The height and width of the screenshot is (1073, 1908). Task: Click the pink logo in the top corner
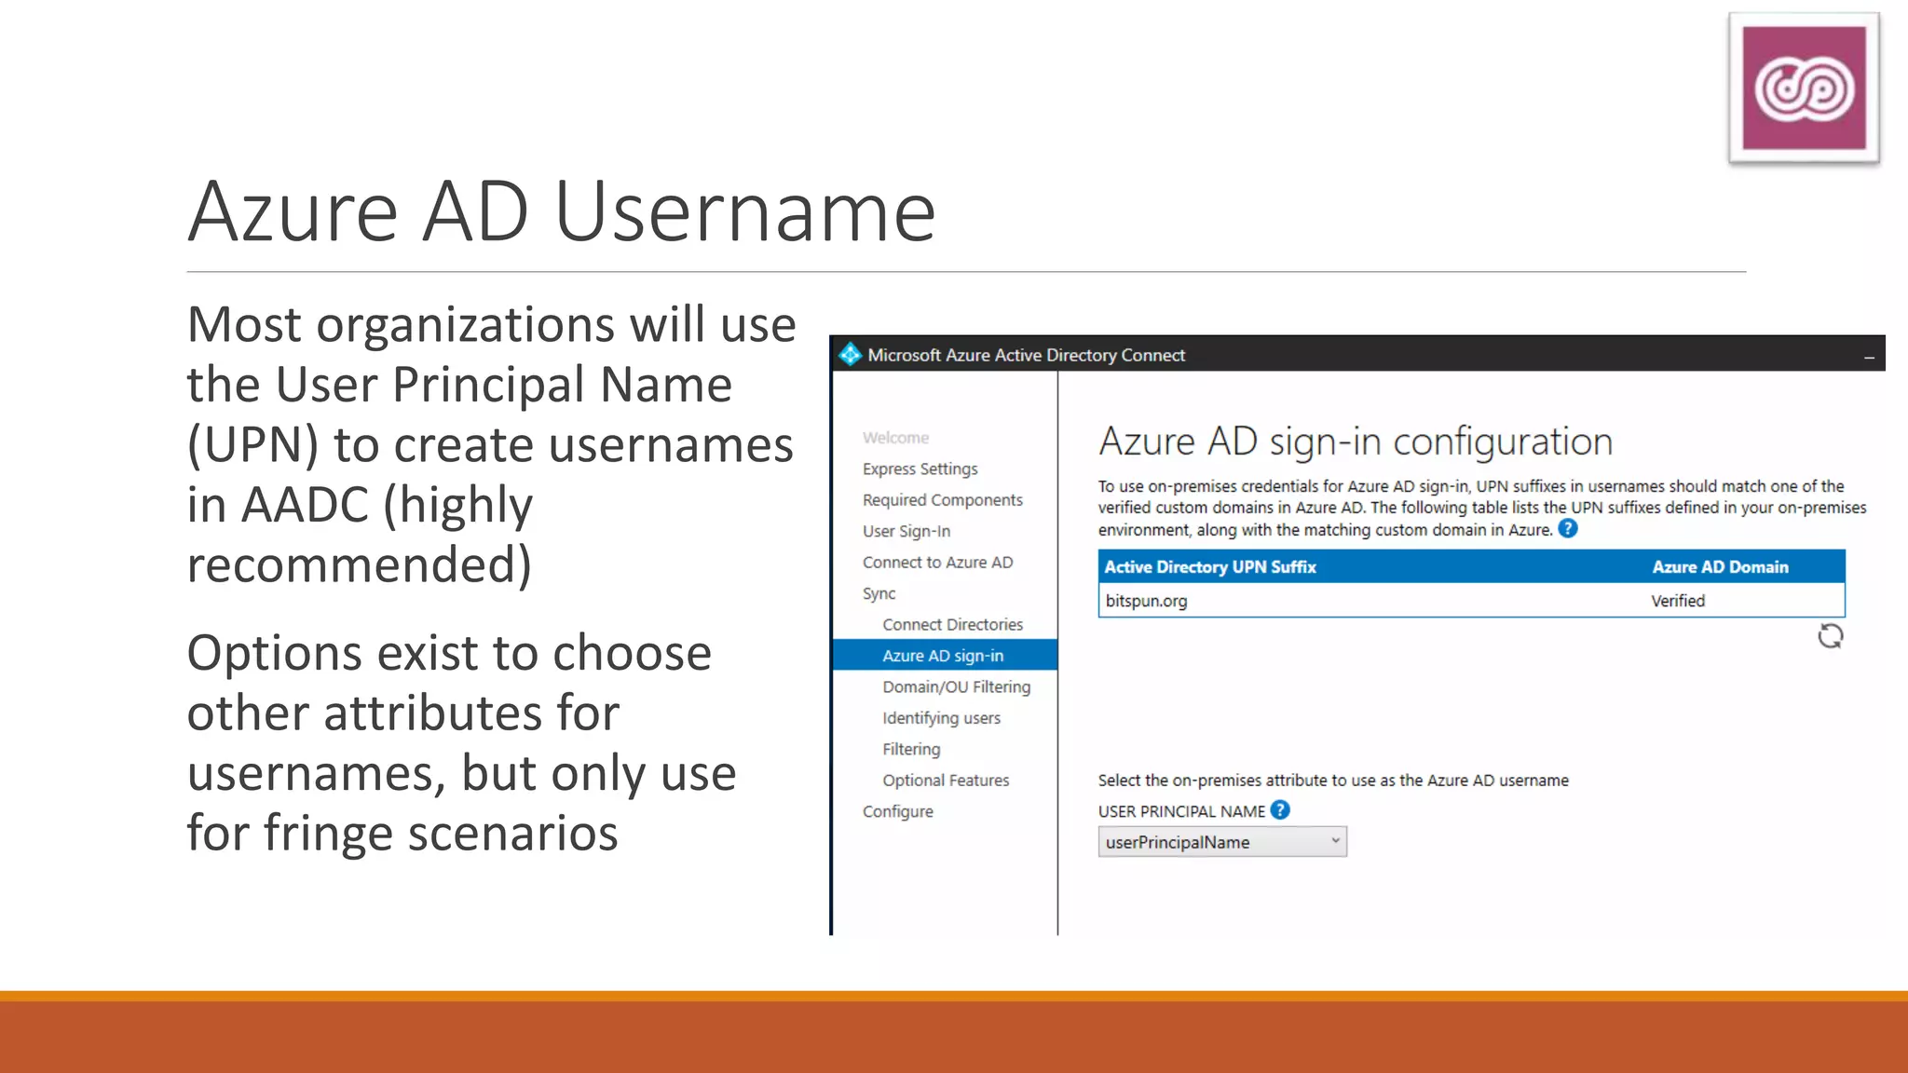pyautogui.click(x=1804, y=88)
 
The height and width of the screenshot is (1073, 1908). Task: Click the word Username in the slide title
pyautogui.click(x=745, y=212)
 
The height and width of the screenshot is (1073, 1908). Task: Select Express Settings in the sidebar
pyautogui.click(x=920, y=469)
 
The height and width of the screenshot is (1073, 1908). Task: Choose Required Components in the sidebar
pyautogui.click(x=942, y=500)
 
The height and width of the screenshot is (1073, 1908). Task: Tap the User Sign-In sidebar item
pyautogui.click(x=906, y=531)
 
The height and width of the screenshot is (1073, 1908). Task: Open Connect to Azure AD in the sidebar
pyautogui.click(x=937, y=563)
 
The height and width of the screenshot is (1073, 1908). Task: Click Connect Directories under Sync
pyautogui.click(x=952, y=624)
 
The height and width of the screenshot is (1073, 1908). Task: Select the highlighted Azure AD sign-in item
pyautogui.click(x=943, y=656)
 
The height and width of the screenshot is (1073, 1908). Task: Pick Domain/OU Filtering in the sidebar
pyautogui.click(x=956, y=686)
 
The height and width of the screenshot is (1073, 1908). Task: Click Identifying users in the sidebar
pyautogui.click(x=941, y=718)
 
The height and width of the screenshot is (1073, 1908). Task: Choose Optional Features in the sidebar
pyautogui.click(x=946, y=781)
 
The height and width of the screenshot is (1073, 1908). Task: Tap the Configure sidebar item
pyautogui.click(x=897, y=811)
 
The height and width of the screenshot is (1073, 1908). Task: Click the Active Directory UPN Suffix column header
pyautogui.click(x=1210, y=567)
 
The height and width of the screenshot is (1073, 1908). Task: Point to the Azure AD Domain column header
pyautogui.click(x=1720, y=567)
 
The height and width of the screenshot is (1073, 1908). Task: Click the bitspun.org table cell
pyautogui.click(x=1146, y=601)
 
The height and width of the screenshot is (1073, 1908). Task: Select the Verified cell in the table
pyautogui.click(x=1678, y=601)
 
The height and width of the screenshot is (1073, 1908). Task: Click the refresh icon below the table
pyautogui.click(x=1830, y=636)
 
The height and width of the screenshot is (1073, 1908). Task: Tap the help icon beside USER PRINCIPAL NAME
pyautogui.click(x=1280, y=810)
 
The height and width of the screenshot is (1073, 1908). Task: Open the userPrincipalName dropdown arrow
pyautogui.click(x=1335, y=841)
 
